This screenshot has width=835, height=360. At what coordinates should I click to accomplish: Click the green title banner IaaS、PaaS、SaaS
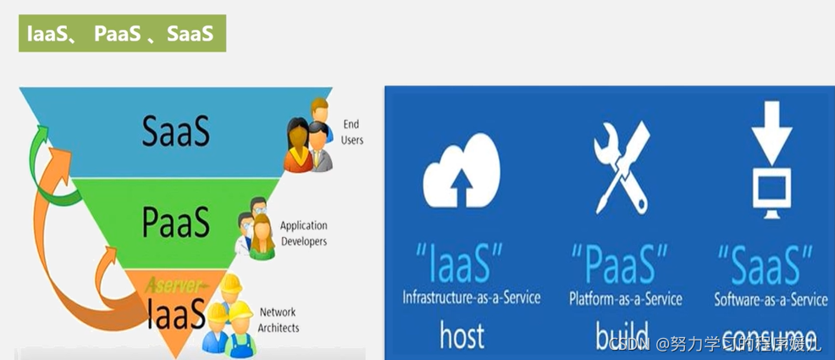pos(122,34)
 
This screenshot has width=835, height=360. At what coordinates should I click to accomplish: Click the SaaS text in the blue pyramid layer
pos(176,132)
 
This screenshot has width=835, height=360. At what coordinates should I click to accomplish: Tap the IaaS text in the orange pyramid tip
pos(175,314)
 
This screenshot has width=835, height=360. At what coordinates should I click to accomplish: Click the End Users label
pos(351,132)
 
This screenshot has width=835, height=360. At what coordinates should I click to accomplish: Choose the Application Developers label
pos(303,233)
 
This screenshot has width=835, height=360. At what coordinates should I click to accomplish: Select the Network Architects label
pos(279,319)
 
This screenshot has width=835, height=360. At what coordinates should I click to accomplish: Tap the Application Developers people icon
pos(257,226)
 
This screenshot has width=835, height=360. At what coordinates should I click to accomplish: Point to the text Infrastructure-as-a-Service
pos(471,298)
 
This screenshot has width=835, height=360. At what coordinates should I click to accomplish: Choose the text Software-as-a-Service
pos(771,298)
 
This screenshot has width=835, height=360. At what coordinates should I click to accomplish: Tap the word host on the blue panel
pos(462,335)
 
